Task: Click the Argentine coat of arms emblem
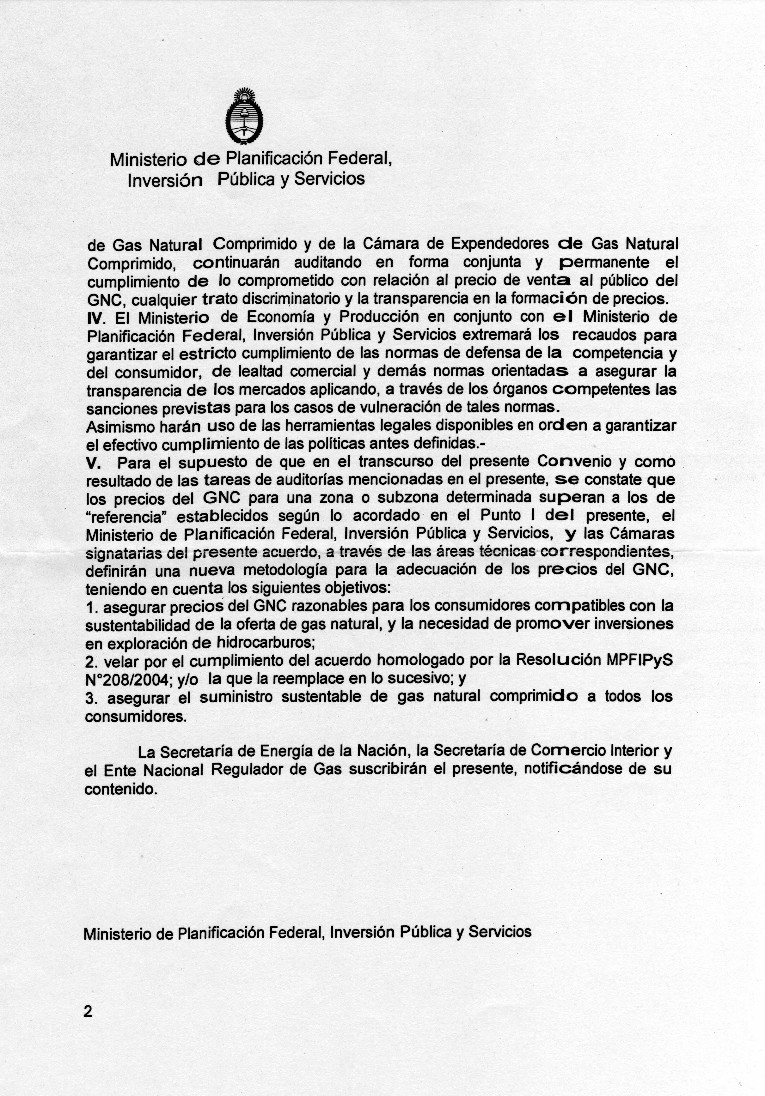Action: click(245, 116)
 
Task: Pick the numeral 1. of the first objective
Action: click(92, 608)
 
